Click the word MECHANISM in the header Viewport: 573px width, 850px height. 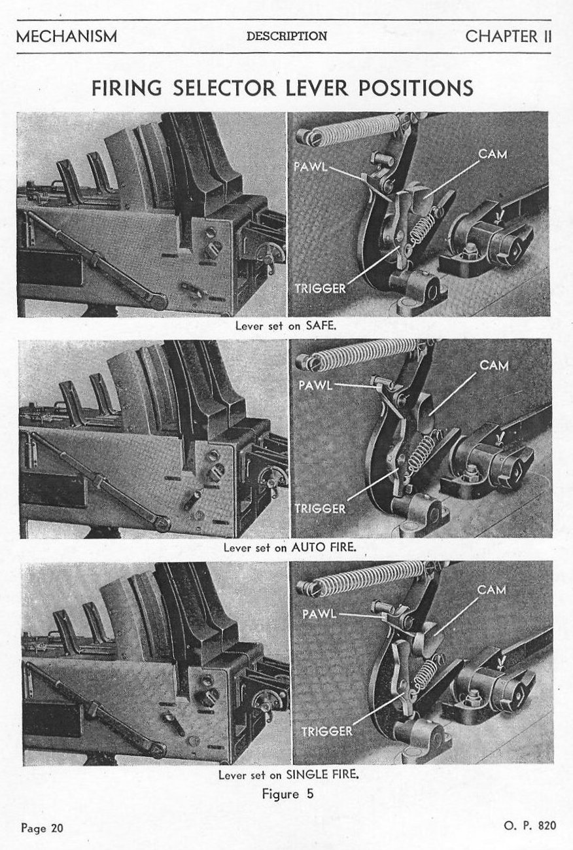click(x=67, y=37)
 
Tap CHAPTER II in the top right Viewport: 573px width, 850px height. click(x=508, y=37)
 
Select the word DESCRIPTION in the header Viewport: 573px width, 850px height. click(x=286, y=36)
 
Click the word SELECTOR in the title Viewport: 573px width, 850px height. click(x=224, y=88)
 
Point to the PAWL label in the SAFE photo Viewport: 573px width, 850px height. click(x=311, y=167)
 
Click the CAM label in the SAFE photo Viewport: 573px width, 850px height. click(x=493, y=154)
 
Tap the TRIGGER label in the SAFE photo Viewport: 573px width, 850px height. click(x=321, y=289)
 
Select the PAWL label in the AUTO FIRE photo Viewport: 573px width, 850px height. click(x=315, y=385)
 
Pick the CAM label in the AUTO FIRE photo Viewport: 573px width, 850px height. click(x=494, y=365)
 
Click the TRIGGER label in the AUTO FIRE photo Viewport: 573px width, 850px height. click(x=321, y=508)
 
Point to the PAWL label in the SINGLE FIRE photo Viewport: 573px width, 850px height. click(x=319, y=614)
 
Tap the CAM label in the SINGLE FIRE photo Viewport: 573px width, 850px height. click(x=491, y=590)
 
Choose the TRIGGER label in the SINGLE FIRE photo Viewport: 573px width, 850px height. click(x=327, y=731)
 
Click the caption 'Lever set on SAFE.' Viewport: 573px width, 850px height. click(x=286, y=326)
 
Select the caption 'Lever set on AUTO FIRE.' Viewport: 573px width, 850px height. click(x=290, y=547)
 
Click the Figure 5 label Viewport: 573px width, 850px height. click(x=288, y=794)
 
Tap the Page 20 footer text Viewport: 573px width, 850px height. click(x=42, y=828)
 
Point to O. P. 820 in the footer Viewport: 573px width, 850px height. click(x=530, y=826)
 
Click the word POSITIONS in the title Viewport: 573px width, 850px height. click(x=416, y=88)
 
